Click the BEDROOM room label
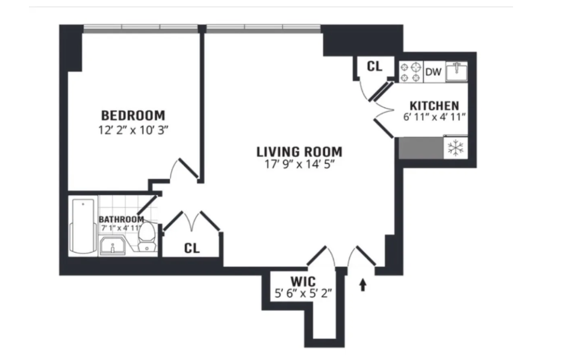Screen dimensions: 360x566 point(132,115)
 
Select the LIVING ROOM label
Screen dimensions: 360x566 point(299,152)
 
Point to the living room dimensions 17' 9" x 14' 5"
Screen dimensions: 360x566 point(299,165)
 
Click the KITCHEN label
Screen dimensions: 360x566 point(434,105)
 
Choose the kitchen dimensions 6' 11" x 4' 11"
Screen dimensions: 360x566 point(434,118)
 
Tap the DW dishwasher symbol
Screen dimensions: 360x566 point(434,72)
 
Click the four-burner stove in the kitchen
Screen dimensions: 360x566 point(411,72)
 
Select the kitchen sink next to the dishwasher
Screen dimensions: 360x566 point(458,72)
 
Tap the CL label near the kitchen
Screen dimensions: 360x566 point(375,66)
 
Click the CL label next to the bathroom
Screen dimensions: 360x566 point(192,247)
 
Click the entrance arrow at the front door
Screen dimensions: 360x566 point(362,284)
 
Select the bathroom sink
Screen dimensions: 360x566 point(113,245)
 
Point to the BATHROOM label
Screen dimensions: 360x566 point(121,219)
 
